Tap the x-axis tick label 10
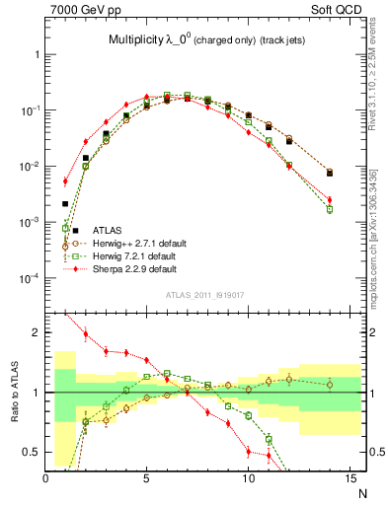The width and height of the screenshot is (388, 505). click(247, 478)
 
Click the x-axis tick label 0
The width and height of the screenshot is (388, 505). click(46, 478)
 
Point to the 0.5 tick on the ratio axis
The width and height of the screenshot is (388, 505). click(31, 452)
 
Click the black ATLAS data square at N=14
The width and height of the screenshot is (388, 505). click(330, 173)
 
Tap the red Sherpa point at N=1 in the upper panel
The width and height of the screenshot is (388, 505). click(65, 181)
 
